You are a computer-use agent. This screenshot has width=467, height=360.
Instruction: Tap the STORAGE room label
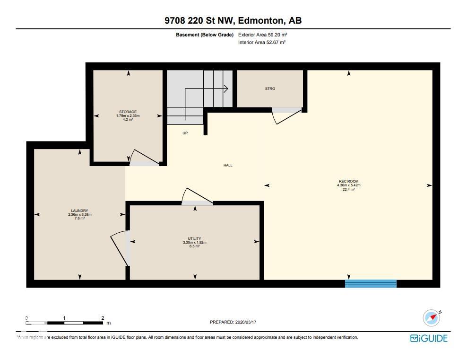coord(128,112)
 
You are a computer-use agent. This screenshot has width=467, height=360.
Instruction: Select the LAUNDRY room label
coord(79,211)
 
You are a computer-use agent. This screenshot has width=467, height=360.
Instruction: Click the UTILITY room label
coord(195,238)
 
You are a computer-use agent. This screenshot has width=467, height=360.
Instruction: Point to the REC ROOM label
coord(349,181)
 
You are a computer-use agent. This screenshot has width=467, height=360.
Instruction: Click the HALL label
coord(228,165)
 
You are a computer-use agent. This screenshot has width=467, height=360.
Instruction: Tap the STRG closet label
coord(270,88)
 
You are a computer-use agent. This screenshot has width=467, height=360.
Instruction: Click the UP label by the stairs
coord(185,133)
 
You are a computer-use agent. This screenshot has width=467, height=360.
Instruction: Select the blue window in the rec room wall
coord(371,283)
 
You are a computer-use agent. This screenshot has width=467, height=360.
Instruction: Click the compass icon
coord(431,318)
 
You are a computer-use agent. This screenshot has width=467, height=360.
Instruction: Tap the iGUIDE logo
coord(429,338)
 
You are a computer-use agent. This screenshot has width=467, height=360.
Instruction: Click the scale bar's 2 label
coord(103,318)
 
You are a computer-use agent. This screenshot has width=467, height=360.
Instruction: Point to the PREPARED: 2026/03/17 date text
coord(233,322)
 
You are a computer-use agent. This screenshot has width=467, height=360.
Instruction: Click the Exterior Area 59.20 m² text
coord(263,35)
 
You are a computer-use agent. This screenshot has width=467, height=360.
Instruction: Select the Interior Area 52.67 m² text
coord(262,43)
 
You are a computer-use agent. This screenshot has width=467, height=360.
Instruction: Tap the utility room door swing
coord(194,195)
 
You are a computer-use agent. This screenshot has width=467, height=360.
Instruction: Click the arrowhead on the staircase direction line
coord(226,88)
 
